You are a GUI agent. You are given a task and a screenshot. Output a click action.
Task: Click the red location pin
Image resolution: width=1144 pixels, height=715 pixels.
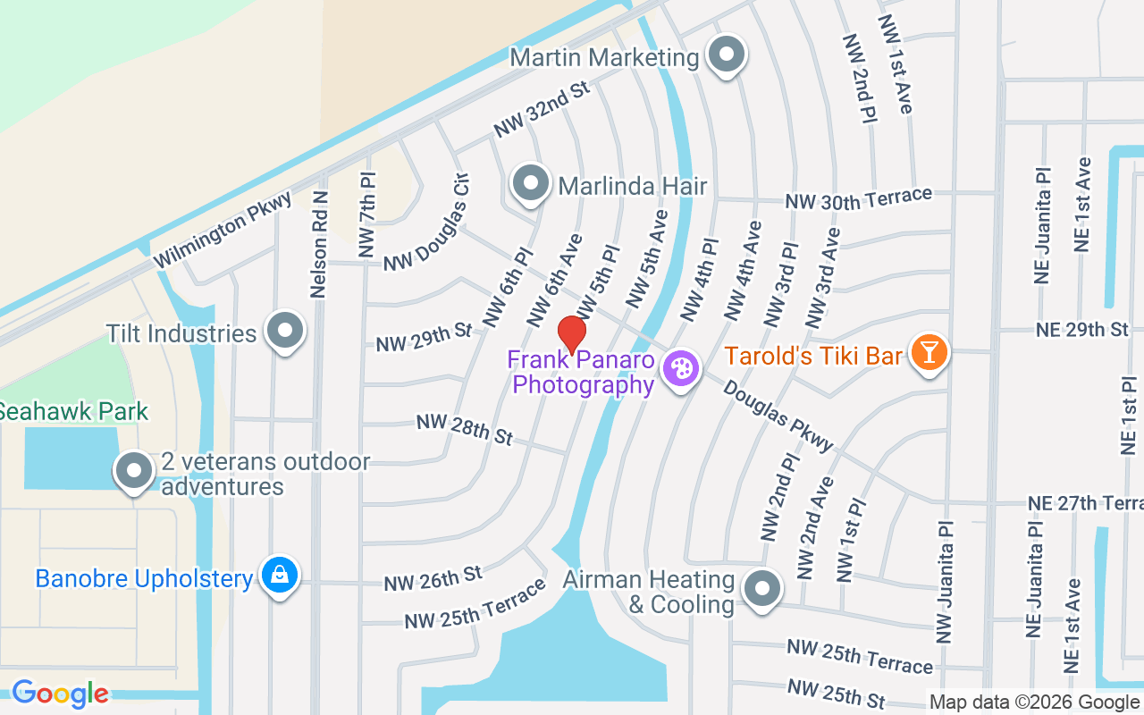(x=572, y=333)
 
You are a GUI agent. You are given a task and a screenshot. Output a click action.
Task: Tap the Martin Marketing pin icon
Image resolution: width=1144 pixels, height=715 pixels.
(x=725, y=55)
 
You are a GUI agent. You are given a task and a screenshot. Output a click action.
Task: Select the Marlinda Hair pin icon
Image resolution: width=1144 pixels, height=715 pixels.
(x=532, y=184)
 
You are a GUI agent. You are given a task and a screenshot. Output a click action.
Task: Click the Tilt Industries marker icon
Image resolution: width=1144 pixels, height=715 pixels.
(x=286, y=332)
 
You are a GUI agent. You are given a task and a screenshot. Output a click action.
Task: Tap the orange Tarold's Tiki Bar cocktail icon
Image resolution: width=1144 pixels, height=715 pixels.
(x=929, y=352)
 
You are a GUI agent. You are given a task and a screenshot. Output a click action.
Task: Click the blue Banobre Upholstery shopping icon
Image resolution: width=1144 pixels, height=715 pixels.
(x=280, y=576)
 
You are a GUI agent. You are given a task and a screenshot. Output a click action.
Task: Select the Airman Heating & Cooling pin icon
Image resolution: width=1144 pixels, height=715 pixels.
(x=762, y=589)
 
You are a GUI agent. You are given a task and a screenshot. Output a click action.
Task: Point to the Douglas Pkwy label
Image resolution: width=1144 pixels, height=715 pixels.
(x=778, y=416)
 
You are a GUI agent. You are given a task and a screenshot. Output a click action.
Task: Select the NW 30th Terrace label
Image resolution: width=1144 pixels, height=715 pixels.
(x=858, y=198)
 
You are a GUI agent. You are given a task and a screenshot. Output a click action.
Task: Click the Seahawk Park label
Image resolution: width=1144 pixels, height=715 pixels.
(x=73, y=412)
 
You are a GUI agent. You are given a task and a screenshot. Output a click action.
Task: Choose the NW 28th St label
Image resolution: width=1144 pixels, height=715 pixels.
(x=465, y=429)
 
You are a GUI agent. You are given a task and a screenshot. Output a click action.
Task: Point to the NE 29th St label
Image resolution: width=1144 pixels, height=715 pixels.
(x=1082, y=330)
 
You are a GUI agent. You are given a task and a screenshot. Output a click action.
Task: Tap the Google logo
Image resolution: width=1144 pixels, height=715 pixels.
(x=60, y=693)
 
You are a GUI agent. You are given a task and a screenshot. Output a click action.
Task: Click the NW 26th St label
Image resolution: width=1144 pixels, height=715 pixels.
(x=433, y=578)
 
